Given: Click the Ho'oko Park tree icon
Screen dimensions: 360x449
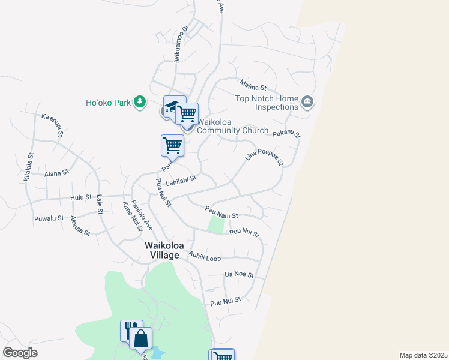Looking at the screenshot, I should coord(140,102).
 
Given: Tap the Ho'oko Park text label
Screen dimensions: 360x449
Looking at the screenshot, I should coord(108,103).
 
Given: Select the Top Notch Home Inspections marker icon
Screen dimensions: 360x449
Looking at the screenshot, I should coord(308,102).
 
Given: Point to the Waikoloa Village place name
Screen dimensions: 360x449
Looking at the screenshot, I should coord(161,250).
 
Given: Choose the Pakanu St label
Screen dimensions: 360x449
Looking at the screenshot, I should coord(286,134).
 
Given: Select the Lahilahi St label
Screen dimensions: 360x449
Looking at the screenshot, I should coord(181,180).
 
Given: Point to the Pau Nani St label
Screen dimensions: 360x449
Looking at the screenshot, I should coord(221,212).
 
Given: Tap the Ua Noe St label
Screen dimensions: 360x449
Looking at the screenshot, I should coord(239,275).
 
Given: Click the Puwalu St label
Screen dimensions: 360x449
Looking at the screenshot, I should coord(49,218).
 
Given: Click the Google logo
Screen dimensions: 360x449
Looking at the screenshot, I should coord(20,353).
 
